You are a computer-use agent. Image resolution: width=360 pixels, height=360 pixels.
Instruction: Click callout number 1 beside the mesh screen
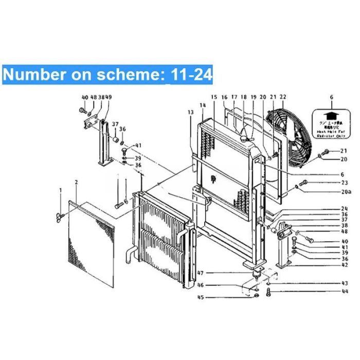(x=60, y=191)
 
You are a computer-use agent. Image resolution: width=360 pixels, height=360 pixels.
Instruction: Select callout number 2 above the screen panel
(x=76, y=182)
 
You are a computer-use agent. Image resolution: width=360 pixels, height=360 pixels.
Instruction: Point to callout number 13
(x=190, y=112)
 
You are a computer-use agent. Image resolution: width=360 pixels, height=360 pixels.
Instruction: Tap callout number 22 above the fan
(x=282, y=97)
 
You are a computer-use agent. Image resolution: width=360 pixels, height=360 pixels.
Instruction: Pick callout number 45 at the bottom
(x=201, y=297)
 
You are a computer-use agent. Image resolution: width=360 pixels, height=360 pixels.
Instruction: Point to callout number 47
(x=201, y=273)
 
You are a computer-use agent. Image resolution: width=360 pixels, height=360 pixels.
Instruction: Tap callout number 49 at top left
(x=109, y=97)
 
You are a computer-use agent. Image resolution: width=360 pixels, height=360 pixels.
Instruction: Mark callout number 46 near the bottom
(x=201, y=285)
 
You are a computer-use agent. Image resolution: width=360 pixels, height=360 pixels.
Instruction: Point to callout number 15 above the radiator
(x=213, y=97)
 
